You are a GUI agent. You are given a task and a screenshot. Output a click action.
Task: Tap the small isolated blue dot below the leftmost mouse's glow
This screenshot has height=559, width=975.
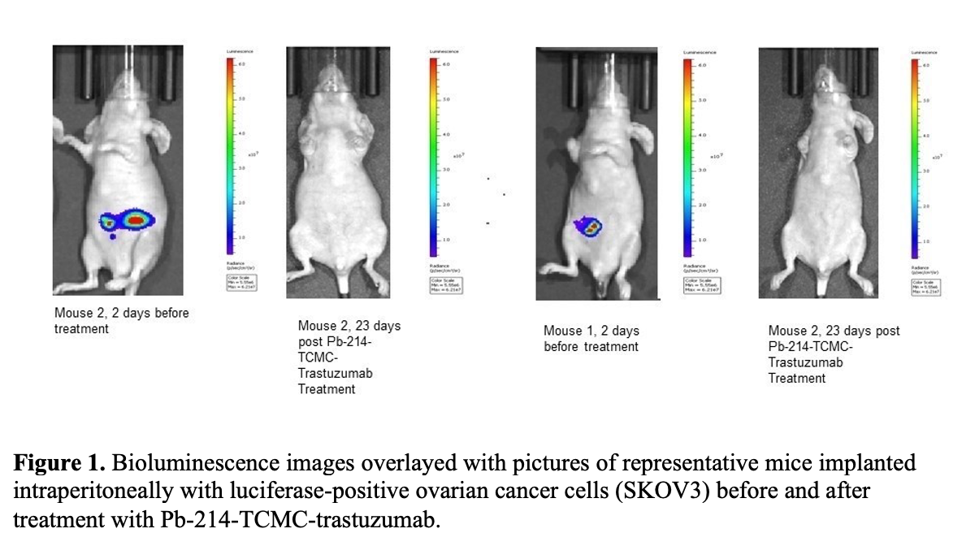115,237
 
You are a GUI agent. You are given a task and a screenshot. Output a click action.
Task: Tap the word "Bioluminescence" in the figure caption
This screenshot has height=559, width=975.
167,464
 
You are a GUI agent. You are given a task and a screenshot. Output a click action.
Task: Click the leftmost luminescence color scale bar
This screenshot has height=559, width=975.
231,154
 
